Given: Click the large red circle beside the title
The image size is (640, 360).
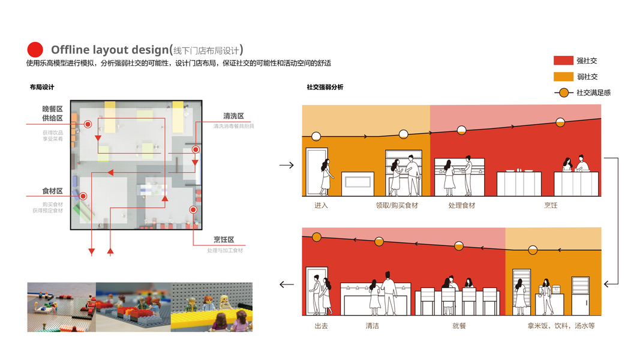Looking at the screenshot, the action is (x=35, y=50).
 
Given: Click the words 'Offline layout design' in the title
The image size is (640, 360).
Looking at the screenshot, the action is (x=109, y=50).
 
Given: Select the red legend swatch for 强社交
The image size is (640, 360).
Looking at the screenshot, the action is (x=563, y=61).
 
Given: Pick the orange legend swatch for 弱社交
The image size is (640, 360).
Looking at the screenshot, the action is (x=563, y=76).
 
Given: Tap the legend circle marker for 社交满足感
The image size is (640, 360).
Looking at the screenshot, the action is (x=563, y=92).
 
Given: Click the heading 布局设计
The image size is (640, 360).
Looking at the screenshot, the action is (x=41, y=88).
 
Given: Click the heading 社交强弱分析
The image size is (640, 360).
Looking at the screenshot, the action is (x=325, y=88).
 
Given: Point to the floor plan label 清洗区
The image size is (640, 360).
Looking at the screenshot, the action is (x=233, y=116).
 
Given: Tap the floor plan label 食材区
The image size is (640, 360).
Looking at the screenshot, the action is (x=52, y=191).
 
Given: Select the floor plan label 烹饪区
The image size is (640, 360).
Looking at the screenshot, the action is (x=224, y=240).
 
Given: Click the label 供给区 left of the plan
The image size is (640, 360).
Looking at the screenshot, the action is (x=52, y=118).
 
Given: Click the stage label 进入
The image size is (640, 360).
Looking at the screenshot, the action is (x=321, y=205).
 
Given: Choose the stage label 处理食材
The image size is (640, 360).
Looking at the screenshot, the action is (x=461, y=205).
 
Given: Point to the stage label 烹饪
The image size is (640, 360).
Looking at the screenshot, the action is (x=550, y=205).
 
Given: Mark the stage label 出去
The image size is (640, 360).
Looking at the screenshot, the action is (x=321, y=326).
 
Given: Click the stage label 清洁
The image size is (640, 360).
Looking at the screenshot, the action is (x=372, y=326).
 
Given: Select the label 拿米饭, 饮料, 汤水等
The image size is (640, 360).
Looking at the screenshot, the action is (x=561, y=326).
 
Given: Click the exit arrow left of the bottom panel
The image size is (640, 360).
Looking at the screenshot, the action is (x=287, y=284).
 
